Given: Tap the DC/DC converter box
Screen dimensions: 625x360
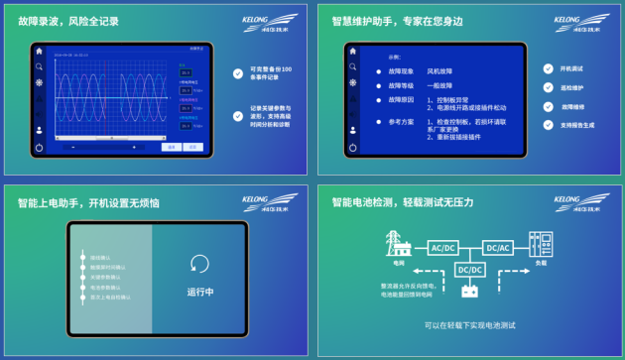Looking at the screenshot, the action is (469, 270).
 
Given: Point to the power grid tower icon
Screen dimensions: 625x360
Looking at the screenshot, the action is (398, 246).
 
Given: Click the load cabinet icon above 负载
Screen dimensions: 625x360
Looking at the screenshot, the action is (541, 246).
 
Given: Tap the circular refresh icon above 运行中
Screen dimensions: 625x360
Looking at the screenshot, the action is (199, 265).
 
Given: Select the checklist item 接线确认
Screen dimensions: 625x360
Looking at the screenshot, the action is (101, 257).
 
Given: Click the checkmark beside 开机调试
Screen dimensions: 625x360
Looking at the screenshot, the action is (549, 69).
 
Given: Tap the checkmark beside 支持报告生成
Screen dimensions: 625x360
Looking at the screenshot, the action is (549, 126).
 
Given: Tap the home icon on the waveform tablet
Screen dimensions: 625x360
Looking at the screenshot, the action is (39, 51).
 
